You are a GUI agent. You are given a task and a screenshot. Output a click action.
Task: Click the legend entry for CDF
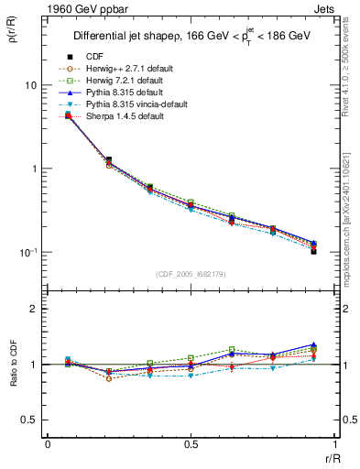tap(92, 57)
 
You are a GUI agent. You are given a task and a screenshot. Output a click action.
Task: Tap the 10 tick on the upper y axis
tap(30, 85)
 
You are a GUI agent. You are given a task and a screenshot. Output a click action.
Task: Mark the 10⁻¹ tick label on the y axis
tap(27, 252)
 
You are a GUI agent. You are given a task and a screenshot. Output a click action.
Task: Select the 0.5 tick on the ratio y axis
tap(28, 420)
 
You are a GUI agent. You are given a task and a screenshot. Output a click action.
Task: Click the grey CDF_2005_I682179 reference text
tap(192, 274)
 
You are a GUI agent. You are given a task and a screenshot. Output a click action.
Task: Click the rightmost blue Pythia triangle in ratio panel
tap(313, 344)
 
